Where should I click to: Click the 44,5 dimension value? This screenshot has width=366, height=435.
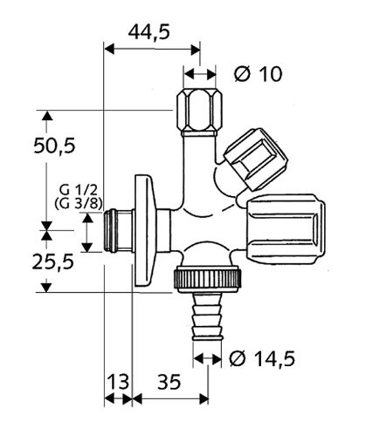pos(148,32)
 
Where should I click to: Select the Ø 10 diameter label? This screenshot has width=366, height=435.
pos(259,74)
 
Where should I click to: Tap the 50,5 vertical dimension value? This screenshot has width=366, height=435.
pos(54,146)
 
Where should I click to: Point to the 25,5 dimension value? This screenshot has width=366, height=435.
pos(53,262)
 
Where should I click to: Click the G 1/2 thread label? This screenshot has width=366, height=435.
pos(78,191)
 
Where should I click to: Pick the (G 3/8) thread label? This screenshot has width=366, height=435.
pos(79,204)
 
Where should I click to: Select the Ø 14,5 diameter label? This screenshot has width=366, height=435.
pos(262,358)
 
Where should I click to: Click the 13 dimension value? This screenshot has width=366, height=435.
pos(118,382)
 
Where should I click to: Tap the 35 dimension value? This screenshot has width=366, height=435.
pos(169,382)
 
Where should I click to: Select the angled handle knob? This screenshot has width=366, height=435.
pos(256,159)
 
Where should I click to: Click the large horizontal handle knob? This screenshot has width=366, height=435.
pos(286,229)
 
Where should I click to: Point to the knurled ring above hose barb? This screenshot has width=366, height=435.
pos(208,278)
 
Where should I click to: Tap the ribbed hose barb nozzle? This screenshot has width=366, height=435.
pos(207,316)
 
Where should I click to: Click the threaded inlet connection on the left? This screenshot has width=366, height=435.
pos(119,231)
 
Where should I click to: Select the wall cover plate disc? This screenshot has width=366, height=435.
pos(145,231)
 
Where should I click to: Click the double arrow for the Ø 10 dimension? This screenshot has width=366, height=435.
pos(200,74)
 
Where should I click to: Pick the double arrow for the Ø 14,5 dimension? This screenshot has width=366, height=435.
pos(207,359)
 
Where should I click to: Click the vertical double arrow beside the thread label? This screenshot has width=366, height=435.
pos(87,233)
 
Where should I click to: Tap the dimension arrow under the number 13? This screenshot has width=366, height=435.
pos(118,398)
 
